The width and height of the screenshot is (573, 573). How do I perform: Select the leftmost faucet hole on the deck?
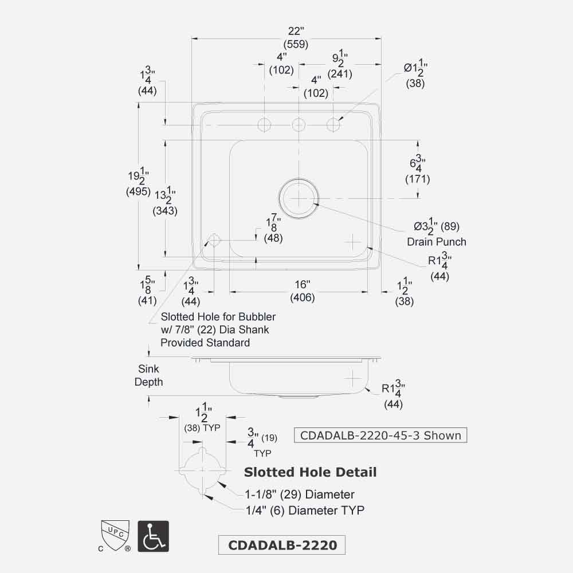[265, 124]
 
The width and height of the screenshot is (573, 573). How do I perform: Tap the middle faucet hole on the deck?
[299, 124]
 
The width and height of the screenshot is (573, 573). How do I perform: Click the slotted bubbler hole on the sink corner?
[214, 240]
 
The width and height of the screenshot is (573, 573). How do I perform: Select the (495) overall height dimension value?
[138, 191]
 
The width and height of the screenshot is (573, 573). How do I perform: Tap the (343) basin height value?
[165, 210]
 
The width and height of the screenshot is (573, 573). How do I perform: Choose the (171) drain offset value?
[418, 179]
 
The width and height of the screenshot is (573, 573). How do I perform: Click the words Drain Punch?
[437, 242]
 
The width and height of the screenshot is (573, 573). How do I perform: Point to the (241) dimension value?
[340, 74]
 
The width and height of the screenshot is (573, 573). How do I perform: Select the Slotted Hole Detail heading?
[310, 472]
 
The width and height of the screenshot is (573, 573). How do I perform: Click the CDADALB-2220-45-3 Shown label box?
[380, 435]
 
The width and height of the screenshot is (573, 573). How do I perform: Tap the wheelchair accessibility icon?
[153, 535]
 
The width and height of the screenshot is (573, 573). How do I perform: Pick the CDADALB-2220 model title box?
[282, 545]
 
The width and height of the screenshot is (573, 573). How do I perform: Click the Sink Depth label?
[148, 375]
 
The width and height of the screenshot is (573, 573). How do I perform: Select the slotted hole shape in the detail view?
[202, 471]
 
